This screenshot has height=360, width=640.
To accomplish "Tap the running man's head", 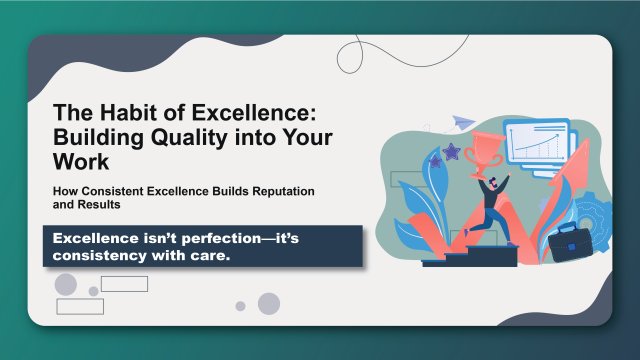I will [494, 182].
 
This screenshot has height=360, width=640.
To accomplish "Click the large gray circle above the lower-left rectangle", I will [66, 284].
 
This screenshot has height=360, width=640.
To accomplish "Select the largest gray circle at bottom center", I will [268, 303].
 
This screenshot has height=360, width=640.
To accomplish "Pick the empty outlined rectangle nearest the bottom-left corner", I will [80, 306].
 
